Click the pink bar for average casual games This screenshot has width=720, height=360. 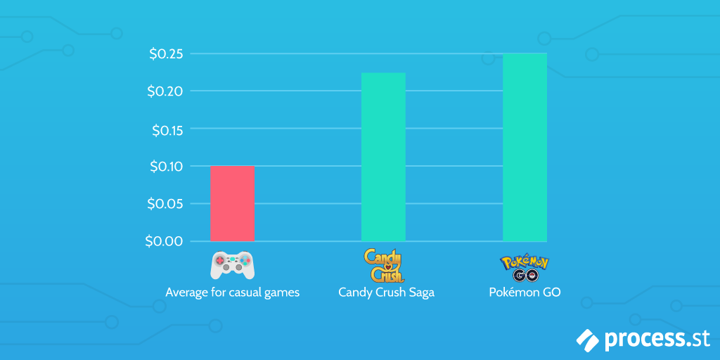pyautogui.click(x=232, y=203)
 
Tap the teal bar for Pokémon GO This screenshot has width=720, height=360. pyautogui.click(x=525, y=147)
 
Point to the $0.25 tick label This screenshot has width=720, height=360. pyautogui.click(x=166, y=54)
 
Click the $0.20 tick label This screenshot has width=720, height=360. pyautogui.click(x=166, y=91)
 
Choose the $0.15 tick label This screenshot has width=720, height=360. pyautogui.click(x=166, y=129)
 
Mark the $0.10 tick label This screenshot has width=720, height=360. pyautogui.click(x=166, y=167)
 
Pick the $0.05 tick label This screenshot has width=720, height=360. pyautogui.click(x=166, y=204)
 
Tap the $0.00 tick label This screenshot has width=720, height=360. pyautogui.click(x=164, y=241)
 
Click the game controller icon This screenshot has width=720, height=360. pyautogui.click(x=232, y=264)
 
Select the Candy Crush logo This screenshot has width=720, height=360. pyautogui.click(x=384, y=265)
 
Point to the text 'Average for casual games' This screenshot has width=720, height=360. pyautogui.click(x=232, y=292)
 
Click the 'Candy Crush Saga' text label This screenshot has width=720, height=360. pyautogui.click(x=386, y=292)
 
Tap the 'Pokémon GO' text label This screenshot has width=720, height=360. pyautogui.click(x=525, y=292)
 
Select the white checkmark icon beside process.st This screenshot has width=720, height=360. pyautogui.click(x=588, y=339)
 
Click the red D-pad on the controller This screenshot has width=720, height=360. pyautogui.click(x=221, y=262)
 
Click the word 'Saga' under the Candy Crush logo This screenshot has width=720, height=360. pyautogui.click(x=420, y=292)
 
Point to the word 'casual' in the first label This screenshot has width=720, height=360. pyautogui.click(x=245, y=292)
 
